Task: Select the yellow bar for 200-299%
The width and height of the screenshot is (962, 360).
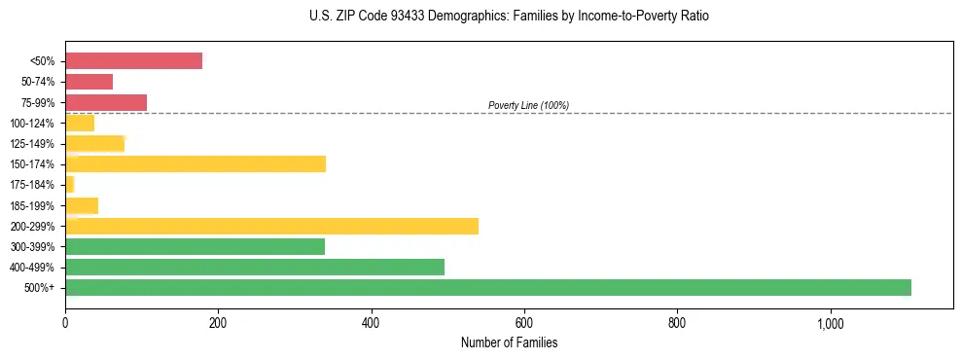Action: [272, 226]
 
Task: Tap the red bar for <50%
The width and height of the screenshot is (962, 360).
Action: [134, 61]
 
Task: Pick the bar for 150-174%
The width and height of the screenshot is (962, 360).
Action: [196, 163]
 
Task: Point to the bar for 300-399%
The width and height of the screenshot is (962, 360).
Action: [196, 246]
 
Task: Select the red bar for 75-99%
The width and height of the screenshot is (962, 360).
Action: [106, 102]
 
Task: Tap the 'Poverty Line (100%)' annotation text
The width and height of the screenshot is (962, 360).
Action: [528, 105]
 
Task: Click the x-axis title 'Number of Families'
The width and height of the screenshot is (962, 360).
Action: [509, 342]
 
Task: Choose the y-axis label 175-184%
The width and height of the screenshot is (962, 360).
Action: [32, 185]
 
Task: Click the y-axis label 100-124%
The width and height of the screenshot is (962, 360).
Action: [32, 123]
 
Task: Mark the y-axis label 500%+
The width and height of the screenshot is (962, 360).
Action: [41, 288]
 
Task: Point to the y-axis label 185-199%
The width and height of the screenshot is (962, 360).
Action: [32, 205]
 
